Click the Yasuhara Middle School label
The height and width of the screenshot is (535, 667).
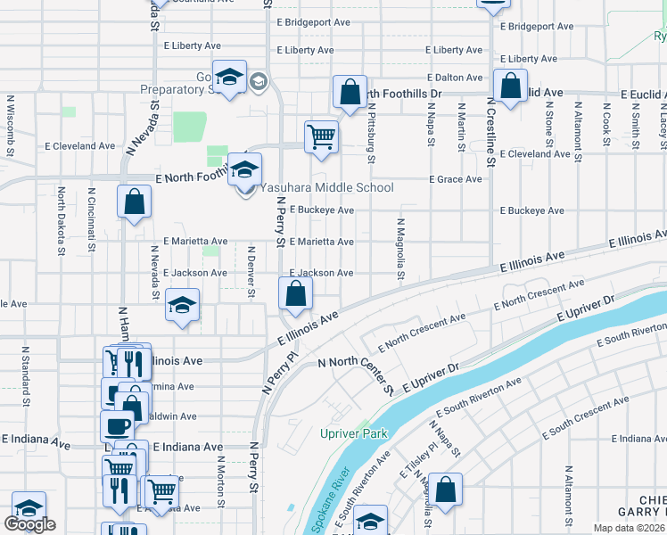(x=325, y=187)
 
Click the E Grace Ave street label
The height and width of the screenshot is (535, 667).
(x=455, y=179)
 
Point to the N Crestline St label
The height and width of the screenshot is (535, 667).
(x=490, y=134)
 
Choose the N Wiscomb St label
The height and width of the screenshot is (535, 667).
(x=10, y=119)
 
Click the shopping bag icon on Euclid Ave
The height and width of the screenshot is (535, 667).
(x=511, y=87)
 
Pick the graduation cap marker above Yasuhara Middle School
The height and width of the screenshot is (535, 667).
(x=244, y=169)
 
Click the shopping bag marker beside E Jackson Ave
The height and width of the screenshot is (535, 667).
(x=295, y=292)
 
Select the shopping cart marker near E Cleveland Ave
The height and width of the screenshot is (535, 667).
(x=321, y=136)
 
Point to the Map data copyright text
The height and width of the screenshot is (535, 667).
(x=629, y=527)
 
